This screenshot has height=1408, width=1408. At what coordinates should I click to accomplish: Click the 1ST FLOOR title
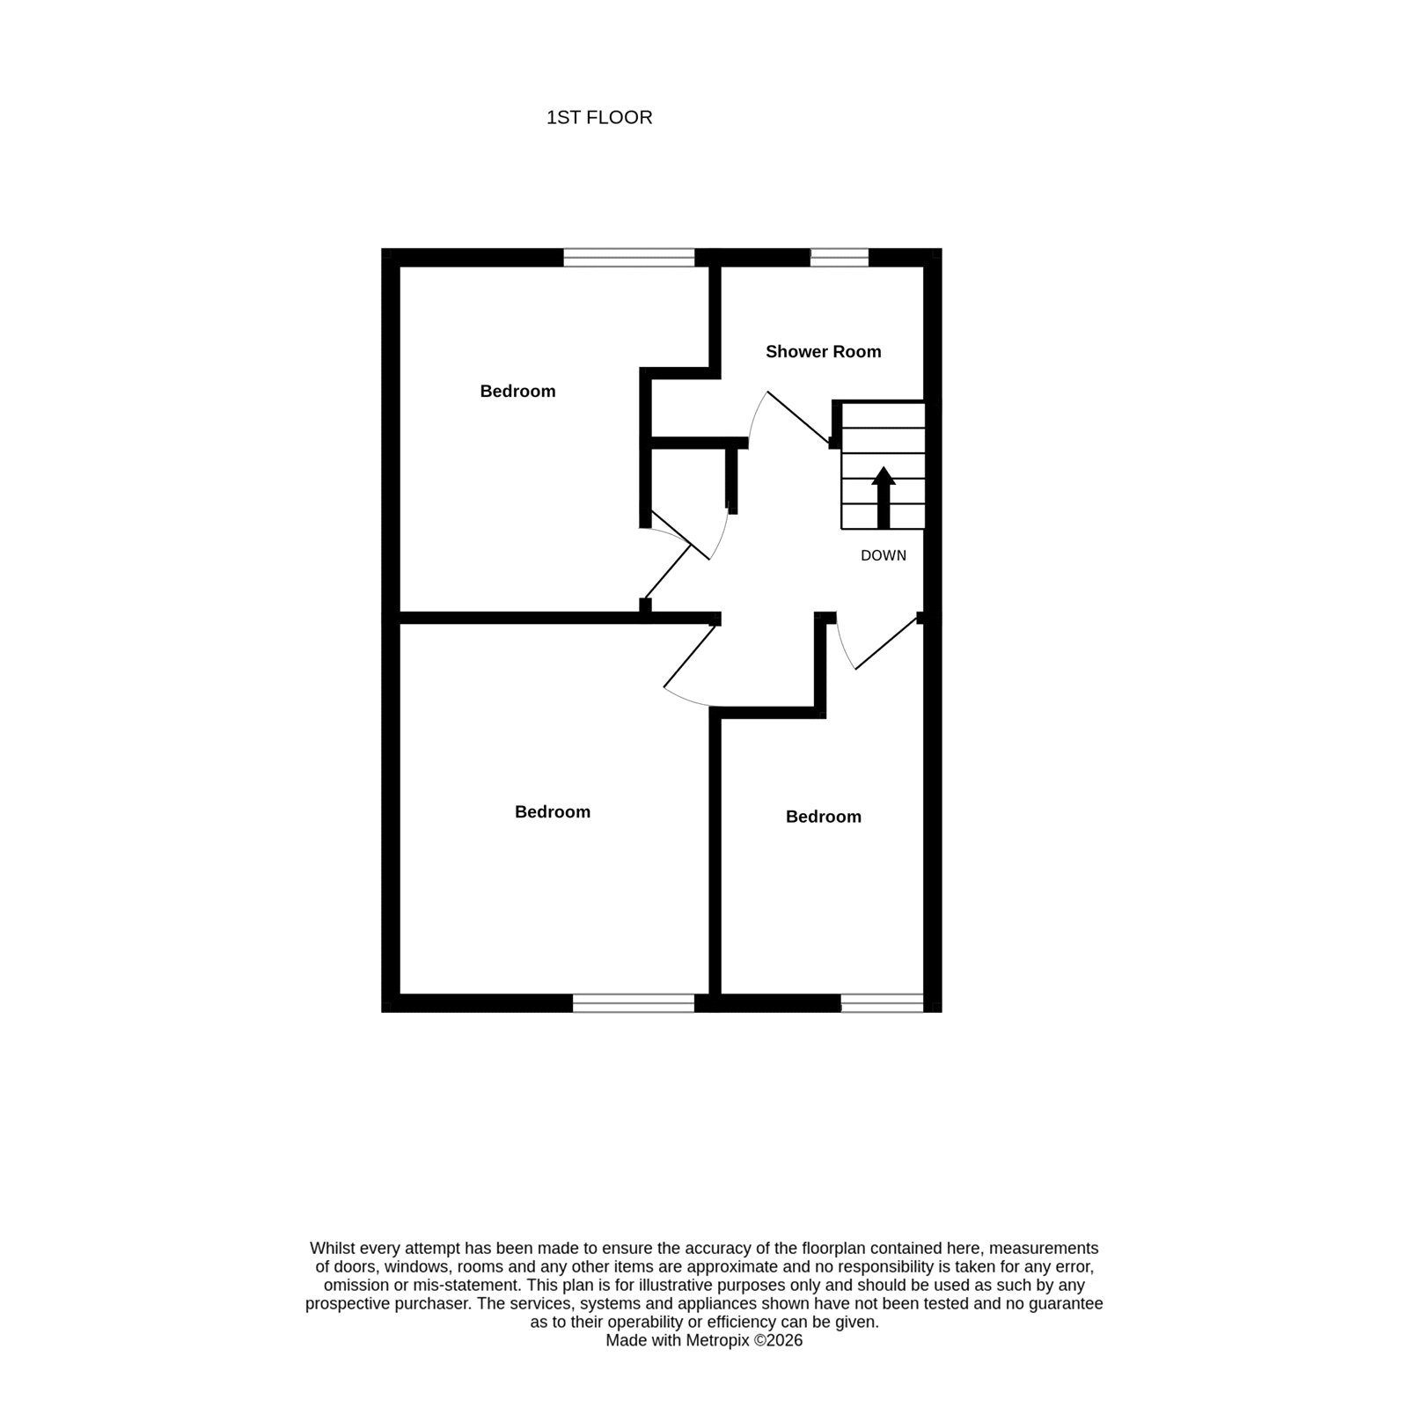click(x=599, y=118)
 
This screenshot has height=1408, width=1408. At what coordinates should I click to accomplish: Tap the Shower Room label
click(x=823, y=352)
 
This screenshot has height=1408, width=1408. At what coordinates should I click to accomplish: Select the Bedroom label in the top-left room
click(x=517, y=392)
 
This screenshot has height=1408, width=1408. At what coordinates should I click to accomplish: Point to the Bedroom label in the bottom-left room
click(x=553, y=812)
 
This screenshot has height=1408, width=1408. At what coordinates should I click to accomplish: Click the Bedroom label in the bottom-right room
click(x=823, y=817)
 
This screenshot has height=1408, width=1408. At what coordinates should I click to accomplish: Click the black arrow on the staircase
click(x=884, y=498)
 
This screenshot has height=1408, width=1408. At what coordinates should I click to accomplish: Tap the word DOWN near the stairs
click(x=884, y=556)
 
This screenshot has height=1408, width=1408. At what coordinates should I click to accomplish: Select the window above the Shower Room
click(x=839, y=257)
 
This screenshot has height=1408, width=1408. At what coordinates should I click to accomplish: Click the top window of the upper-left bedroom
click(x=629, y=257)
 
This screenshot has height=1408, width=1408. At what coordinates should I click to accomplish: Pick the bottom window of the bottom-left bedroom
click(x=634, y=1003)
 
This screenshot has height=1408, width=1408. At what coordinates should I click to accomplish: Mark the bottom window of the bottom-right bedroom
click(x=883, y=1003)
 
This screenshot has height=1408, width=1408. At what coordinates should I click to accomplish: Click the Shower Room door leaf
click(x=799, y=417)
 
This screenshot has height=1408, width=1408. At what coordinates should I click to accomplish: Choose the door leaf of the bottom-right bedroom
click(x=887, y=643)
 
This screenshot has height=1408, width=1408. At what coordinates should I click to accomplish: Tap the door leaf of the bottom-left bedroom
click(x=688, y=656)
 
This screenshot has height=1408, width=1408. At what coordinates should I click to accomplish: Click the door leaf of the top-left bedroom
click(x=668, y=572)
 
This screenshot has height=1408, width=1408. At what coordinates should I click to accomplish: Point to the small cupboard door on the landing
click(x=679, y=535)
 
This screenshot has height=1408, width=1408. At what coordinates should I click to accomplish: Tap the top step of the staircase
click(x=884, y=415)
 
